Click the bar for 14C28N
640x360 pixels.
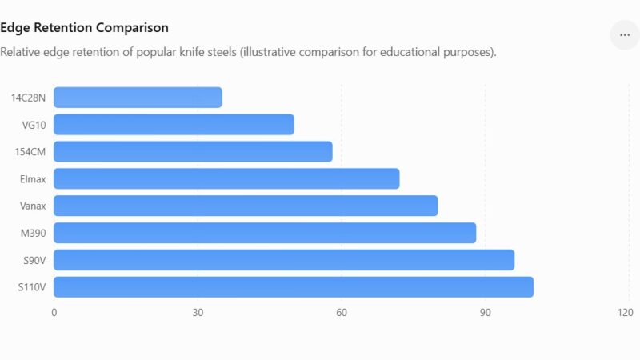pos(138,98)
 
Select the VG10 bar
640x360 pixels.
pos(174,125)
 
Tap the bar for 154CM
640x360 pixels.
pos(193,152)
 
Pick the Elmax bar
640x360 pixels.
pos(226,178)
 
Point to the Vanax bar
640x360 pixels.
pos(246,206)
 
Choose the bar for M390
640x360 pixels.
pos(265,233)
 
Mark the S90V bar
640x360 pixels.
pos(284,260)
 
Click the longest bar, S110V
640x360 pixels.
pos(294,287)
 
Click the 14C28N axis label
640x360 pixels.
pos(28,98)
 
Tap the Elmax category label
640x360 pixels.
pos(33,179)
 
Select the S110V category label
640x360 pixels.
pos(32,287)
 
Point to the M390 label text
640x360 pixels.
pos(33,234)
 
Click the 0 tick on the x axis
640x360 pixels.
pos(54,313)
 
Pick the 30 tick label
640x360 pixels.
pos(198,313)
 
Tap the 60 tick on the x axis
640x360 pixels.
pos(342,313)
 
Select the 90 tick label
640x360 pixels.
pos(486,313)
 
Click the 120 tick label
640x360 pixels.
pos(626,313)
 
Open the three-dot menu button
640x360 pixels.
pos(625,35)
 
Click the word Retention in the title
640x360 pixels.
pos(63,28)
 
